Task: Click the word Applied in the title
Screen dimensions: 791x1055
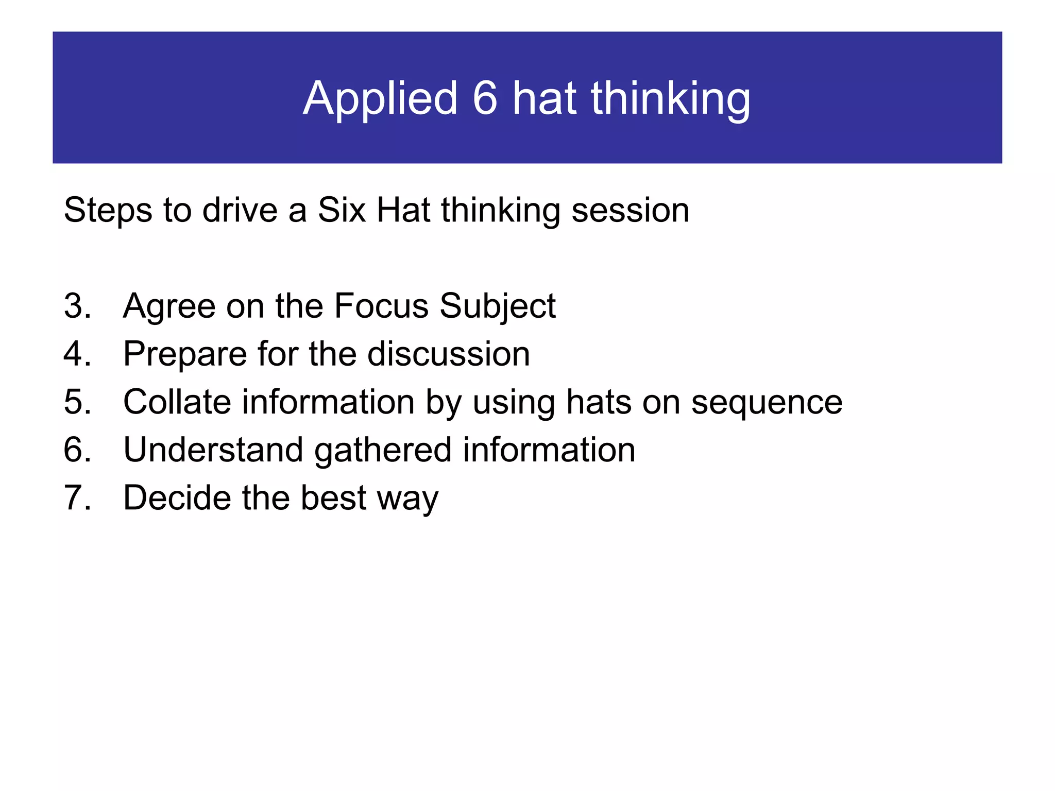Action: click(380, 99)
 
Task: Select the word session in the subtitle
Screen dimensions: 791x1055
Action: click(630, 211)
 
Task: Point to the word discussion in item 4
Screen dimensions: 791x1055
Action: click(449, 354)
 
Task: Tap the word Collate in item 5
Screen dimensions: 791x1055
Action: click(177, 402)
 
